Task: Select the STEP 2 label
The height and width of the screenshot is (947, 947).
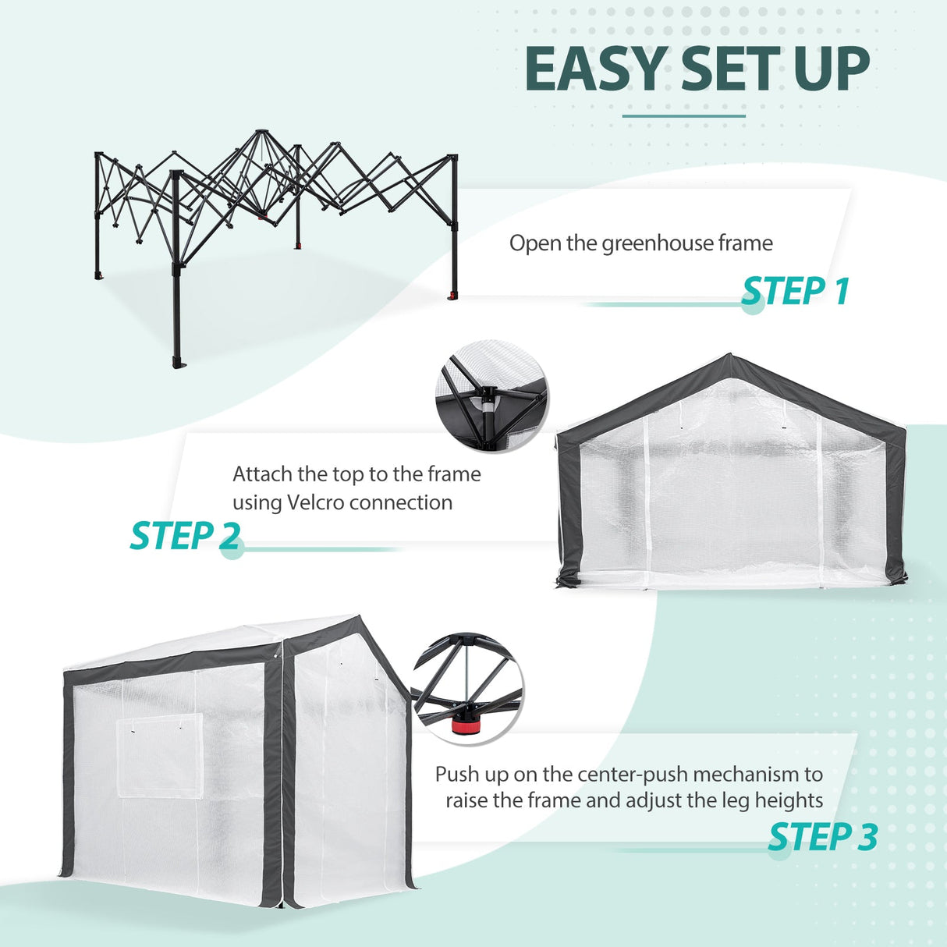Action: click(x=185, y=537)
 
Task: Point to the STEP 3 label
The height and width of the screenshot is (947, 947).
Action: click(x=823, y=837)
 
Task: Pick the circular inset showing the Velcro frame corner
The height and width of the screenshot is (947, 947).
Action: click(x=491, y=395)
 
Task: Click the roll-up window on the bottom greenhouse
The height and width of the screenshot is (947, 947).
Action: click(x=160, y=754)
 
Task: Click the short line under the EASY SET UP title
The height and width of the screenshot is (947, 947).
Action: click(x=683, y=116)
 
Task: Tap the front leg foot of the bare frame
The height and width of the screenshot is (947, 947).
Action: click(x=178, y=364)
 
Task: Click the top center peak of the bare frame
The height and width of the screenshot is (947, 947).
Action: click(x=260, y=133)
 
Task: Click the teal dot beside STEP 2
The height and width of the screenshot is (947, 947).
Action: click(x=231, y=548)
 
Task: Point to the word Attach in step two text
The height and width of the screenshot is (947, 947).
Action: click(x=261, y=474)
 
